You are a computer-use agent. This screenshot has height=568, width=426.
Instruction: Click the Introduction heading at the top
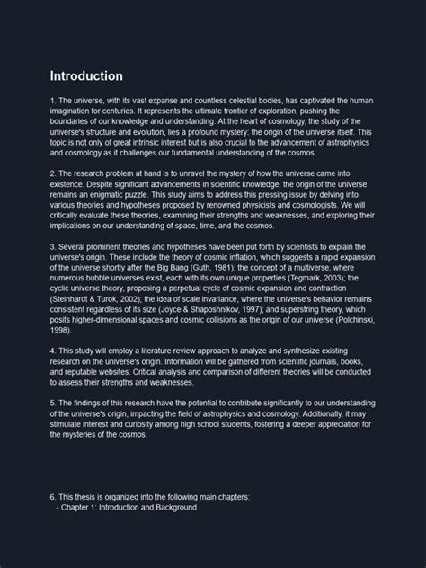[x=86, y=76]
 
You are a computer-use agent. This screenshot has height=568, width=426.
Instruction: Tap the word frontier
[x=247, y=111]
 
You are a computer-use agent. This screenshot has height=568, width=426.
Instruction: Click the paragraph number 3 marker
[x=52, y=245]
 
